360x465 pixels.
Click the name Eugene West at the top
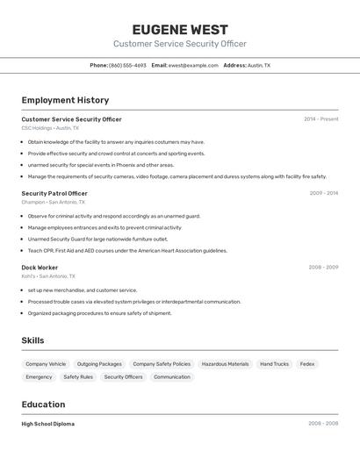pyautogui.click(x=180, y=29)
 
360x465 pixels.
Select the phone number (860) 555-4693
pyautogui.click(x=128, y=65)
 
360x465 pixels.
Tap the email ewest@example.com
pyautogui.click(x=193, y=65)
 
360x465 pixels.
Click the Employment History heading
pyautogui.click(x=65, y=100)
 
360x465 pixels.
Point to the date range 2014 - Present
pyautogui.click(x=320, y=119)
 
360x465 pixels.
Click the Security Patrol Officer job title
pyautogui.click(x=54, y=193)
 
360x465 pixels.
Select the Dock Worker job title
pyautogui.click(x=40, y=268)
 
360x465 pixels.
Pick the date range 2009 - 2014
pyautogui.click(x=323, y=193)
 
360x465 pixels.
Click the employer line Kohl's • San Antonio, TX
pyautogui.click(x=48, y=276)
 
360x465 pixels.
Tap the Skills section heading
pyautogui.click(x=32, y=340)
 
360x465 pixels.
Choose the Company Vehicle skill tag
pyautogui.click(x=46, y=364)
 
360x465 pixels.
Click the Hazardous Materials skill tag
pyautogui.click(x=225, y=364)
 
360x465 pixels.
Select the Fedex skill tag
pyautogui.click(x=306, y=364)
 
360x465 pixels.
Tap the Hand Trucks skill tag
pyautogui.click(x=274, y=364)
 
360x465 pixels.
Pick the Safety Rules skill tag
pyautogui.click(x=78, y=377)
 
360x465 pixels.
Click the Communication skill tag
pyautogui.click(x=171, y=377)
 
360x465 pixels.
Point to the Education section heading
pyautogui.click(x=43, y=404)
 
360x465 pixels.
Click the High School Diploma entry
pyautogui.click(x=47, y=424)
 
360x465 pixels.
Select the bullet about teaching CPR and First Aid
pyautogui.click(x=127, y=250)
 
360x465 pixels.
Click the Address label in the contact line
pyautogui.click(x=234, y=65)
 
